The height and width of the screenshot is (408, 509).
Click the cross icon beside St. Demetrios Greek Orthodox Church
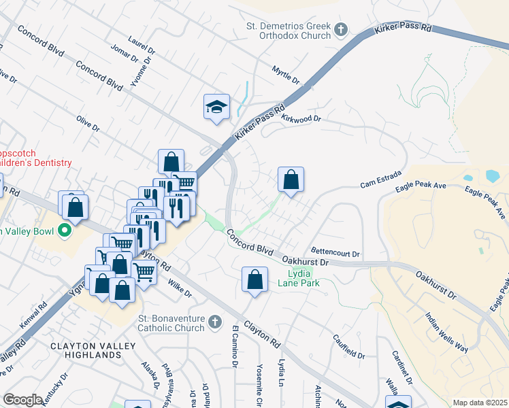[341, 30]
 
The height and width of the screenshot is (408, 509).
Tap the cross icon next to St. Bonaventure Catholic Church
[214, 322]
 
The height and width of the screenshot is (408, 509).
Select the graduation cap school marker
[216, 107]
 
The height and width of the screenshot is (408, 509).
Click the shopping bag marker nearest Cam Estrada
[291, 180]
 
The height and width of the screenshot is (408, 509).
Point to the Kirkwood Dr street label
[300, 119]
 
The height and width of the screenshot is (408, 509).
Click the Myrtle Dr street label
[285, 75]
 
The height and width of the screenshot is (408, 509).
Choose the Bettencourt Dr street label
[335, 253]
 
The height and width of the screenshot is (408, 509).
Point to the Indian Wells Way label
[446, 333]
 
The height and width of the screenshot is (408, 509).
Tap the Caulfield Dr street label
[349, 346]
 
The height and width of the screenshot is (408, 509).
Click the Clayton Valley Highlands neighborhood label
[86, 350]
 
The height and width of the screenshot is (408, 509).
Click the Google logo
[22, 399]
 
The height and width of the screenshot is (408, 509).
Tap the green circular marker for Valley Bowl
[65, 231]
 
